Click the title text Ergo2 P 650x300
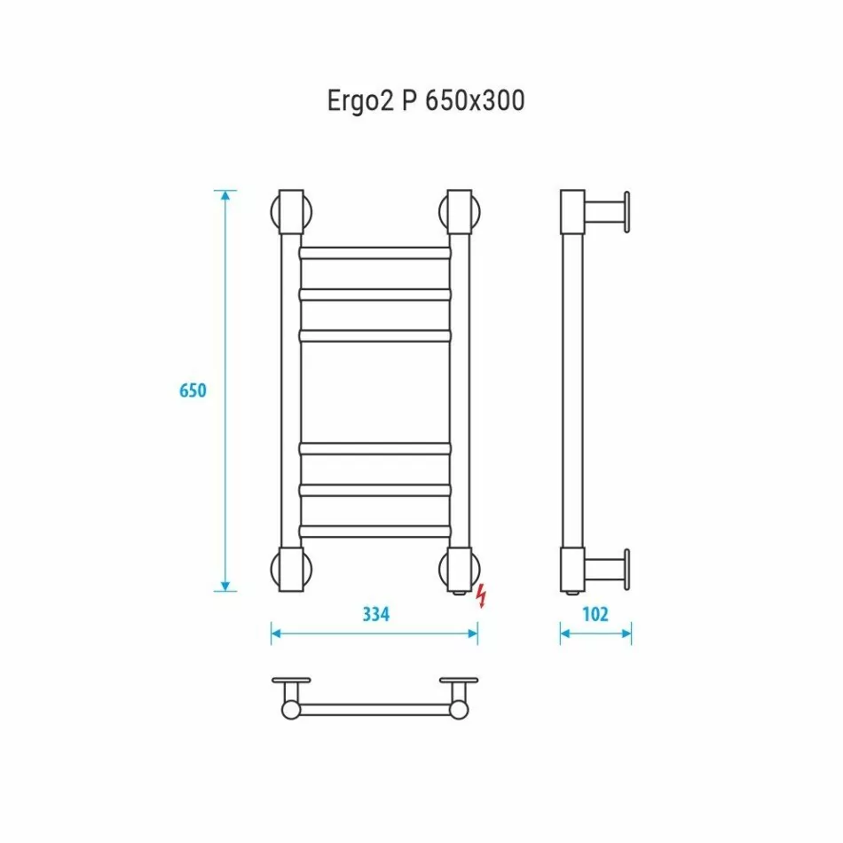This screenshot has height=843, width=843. pos(426,102)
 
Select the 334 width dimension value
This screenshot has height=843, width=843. pos(376,613)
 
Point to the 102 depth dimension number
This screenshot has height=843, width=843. pos(595,613)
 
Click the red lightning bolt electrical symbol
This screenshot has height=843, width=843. pos(482,596)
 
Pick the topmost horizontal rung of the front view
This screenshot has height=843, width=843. pos(375,253)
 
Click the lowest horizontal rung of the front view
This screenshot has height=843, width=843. pos(375,532)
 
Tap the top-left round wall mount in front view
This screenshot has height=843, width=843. pos(291,213)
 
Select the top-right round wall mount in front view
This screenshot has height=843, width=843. pos(460,213)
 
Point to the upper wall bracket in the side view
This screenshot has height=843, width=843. pos(608,213)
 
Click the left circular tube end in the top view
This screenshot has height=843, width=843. pos(291,709)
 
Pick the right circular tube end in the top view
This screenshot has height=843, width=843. pos(459,709)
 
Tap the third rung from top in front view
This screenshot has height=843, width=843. pos(375,335)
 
